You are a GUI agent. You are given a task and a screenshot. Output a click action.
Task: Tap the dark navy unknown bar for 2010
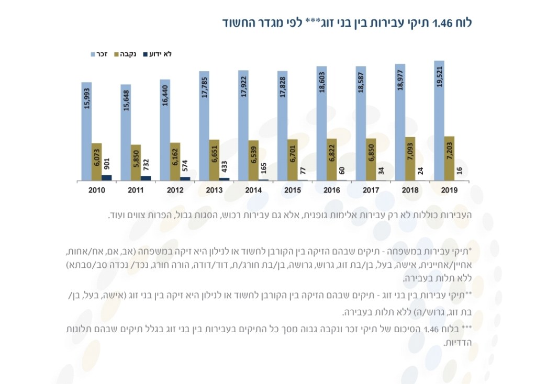[x=107, y=178]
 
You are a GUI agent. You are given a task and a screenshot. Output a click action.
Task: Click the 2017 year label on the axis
[x=371, y=190]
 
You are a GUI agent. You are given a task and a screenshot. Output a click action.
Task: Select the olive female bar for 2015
[x=293, y=160]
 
